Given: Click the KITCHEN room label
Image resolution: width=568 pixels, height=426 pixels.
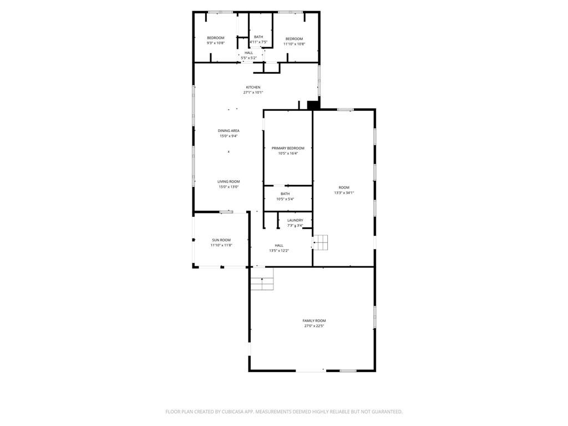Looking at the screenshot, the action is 253,87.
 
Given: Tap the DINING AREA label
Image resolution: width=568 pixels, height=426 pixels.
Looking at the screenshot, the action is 228,131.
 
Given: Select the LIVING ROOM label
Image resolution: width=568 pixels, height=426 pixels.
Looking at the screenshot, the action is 228,181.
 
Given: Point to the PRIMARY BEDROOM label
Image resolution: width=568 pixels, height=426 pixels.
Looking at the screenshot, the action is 288,148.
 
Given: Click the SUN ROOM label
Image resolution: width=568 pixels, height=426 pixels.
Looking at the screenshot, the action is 221,240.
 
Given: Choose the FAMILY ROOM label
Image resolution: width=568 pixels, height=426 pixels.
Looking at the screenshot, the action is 314,321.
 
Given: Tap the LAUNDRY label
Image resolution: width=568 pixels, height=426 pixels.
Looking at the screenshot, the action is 295,220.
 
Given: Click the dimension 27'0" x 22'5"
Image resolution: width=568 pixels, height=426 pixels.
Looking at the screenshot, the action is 314,326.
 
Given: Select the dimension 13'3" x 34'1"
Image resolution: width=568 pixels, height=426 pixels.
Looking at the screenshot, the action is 344,192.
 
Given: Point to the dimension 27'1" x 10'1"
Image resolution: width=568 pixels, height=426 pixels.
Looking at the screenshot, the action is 253,93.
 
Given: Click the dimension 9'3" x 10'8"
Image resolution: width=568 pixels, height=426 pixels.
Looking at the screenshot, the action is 216,43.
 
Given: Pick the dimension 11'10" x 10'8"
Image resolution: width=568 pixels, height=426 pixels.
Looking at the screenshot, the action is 294,44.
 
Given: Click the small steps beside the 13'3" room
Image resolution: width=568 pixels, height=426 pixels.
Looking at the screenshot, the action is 321,242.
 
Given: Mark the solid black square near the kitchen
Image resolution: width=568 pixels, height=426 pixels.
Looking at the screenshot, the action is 313,105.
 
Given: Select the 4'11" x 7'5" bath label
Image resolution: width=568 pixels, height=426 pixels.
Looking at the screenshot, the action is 258,39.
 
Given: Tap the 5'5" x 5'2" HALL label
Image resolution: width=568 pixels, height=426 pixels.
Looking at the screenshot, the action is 248,55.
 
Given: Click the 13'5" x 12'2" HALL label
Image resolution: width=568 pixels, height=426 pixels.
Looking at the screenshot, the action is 278,248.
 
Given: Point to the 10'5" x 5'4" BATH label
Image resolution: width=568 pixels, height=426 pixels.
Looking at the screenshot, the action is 285,196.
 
